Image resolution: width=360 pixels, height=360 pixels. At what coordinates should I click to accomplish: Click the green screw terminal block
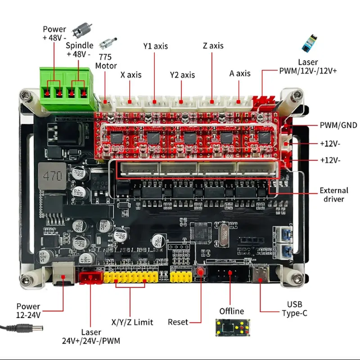(x=67, y=89)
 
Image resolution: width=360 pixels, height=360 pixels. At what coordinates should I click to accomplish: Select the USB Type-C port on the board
(x=260, y=275)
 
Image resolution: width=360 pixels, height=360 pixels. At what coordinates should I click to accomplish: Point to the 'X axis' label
(x=131, y=75)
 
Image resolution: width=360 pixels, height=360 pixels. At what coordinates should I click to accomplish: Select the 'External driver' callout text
(x=332, y=194)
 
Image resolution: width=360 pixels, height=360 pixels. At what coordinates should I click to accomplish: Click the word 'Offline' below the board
(x=231, y=311)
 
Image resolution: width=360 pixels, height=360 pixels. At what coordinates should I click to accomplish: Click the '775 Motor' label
(x=106, y=62)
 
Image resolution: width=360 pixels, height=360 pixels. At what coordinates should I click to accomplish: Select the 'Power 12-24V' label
(x=28, y=310)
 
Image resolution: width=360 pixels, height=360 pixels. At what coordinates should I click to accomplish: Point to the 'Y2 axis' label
(x=182, y=75)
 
